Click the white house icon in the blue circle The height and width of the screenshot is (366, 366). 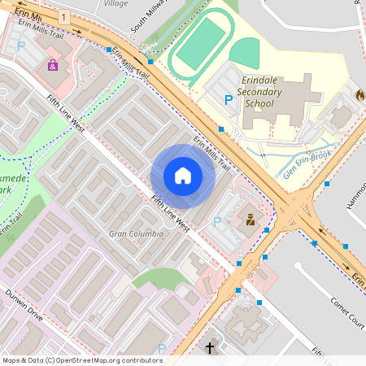pos(183,175)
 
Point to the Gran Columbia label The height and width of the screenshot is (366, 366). pos(136,233)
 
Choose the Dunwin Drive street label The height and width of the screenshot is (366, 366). pos(24,304)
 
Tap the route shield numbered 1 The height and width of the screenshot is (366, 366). pos(64,17)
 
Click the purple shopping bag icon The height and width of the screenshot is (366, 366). pos(53,65)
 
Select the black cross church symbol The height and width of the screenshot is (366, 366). pos(209,348)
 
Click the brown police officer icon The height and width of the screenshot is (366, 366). pos(251,219)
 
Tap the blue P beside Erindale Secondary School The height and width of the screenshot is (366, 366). pos(229,99)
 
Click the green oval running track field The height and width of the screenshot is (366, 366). pos(200,46)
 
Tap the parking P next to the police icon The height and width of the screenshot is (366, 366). pos(216,222)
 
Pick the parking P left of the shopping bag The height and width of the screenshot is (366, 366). pos(20,46)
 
